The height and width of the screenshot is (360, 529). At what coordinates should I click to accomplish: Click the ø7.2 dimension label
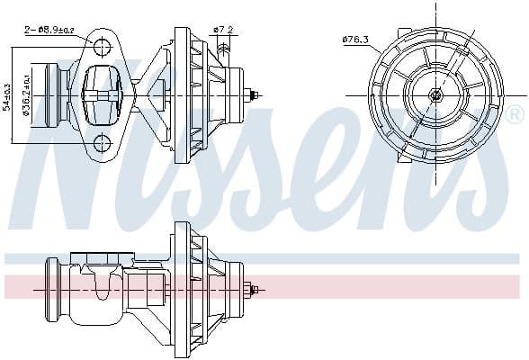point(224,30)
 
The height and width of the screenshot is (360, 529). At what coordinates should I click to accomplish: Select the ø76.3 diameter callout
point(356,39)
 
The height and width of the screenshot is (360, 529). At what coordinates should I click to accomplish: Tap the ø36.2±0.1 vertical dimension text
point(28,95)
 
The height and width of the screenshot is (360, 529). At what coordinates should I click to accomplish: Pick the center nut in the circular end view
point(436,94)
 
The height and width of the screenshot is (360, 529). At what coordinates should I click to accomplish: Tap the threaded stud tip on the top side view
point(256,94)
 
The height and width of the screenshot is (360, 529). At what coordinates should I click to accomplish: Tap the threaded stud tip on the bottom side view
point(256,290)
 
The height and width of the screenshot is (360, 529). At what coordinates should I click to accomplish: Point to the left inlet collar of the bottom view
point(52,290)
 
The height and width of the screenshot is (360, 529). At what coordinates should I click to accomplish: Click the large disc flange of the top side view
point(183,94)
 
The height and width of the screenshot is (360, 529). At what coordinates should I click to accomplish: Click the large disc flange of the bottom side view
point(183,290)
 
